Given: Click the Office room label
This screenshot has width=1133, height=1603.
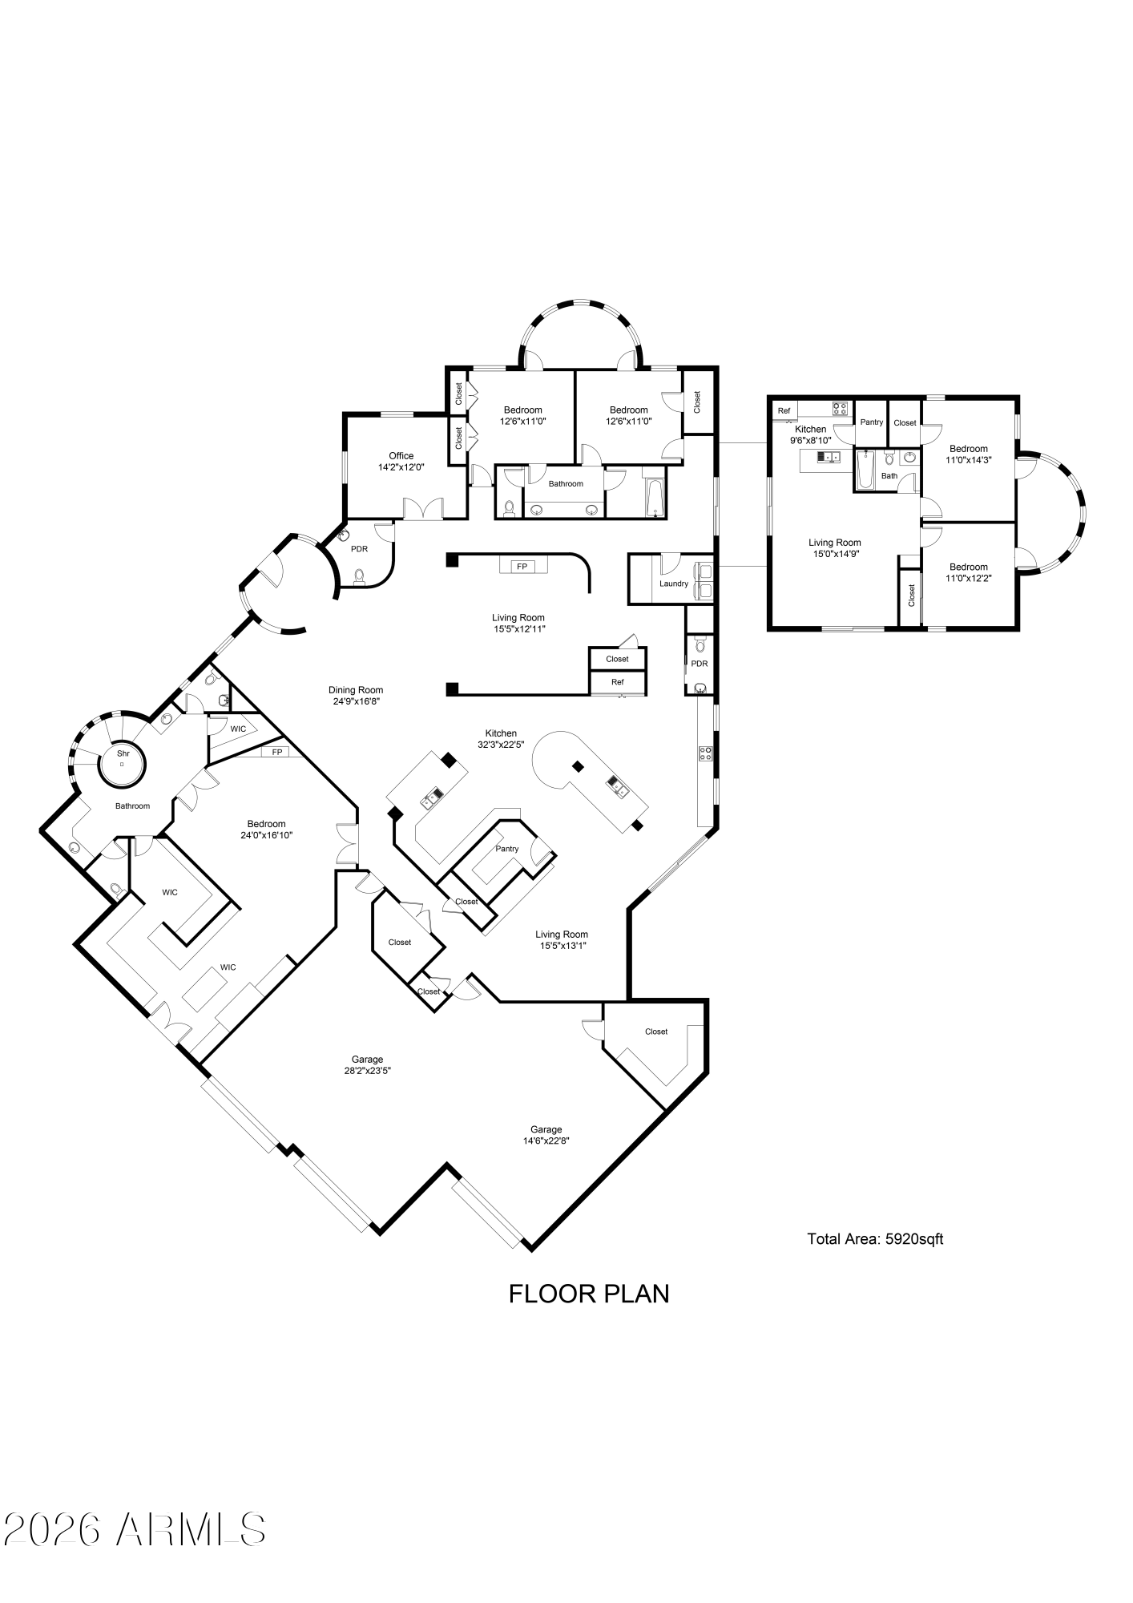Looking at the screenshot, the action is [401, 462].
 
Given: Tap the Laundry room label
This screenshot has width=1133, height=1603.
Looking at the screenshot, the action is [674, 583].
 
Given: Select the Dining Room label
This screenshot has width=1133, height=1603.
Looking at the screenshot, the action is [356, 695].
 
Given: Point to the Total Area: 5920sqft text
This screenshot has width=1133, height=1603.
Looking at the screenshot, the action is [875, 1239].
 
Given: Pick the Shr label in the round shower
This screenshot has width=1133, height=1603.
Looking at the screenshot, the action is [123, 753].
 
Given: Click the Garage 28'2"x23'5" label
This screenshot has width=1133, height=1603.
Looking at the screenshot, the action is [367, 1065].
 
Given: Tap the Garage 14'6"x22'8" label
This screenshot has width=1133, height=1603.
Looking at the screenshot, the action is [546, 1135].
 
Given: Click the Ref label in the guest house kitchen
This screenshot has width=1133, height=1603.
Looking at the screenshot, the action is [784, 411].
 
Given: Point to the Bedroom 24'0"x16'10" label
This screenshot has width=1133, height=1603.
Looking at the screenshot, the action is [266, 830].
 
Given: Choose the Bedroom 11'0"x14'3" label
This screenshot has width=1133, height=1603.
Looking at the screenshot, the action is [969, 454].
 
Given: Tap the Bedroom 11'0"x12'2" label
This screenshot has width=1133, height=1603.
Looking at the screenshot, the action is [969, 572].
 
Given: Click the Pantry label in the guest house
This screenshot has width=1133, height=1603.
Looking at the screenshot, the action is [872, 422].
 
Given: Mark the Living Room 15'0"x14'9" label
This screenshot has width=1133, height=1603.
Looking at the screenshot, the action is [835, 547].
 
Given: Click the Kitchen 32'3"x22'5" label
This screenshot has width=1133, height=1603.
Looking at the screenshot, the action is [501, 738].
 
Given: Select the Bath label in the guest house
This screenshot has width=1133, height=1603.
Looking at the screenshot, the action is [889, 476].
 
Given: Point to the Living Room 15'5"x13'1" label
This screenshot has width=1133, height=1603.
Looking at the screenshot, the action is [562, 939].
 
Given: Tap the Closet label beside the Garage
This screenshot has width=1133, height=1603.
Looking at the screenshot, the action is [656, 1032].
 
